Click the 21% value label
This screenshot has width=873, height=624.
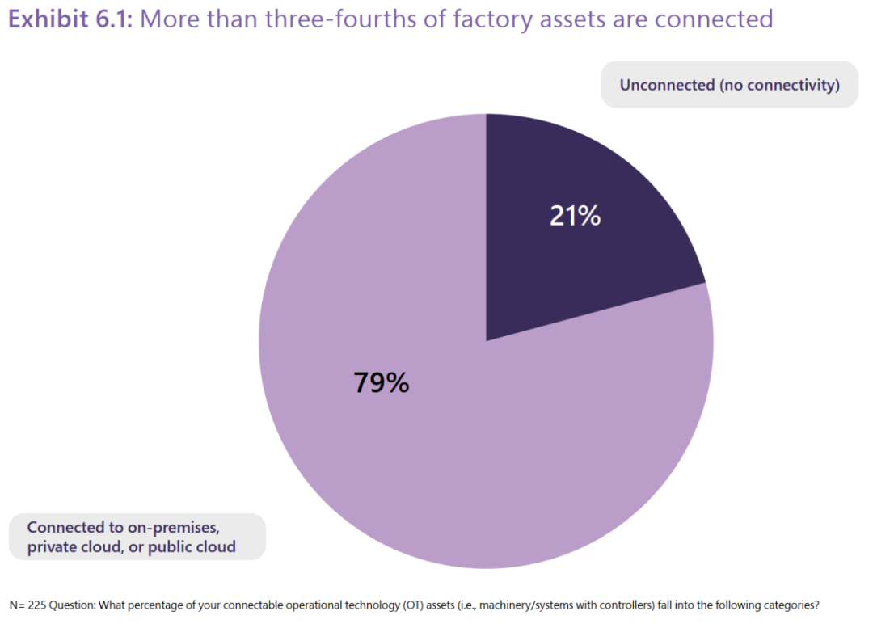click(575, 216)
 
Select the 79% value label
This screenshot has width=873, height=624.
click(382, 382)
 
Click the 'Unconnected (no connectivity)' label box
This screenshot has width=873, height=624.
click(729, 85)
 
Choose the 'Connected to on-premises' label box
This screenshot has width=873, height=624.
click(137, 537)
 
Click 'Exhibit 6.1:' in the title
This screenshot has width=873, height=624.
click(71, 19)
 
